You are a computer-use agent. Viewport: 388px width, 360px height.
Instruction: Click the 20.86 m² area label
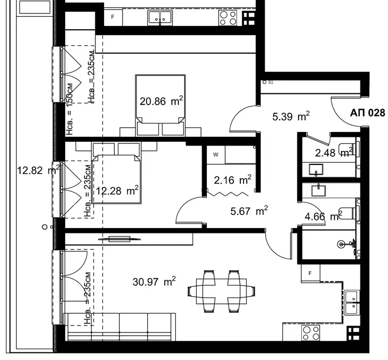click(161, 101)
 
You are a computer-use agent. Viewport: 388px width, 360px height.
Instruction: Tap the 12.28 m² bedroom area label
click(117, 191)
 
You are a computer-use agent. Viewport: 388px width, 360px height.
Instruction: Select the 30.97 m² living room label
click(154, 281)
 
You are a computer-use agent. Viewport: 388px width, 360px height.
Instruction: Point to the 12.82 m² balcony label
click(38, 170)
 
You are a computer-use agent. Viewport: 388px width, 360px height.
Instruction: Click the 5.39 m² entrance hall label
click(291, 116)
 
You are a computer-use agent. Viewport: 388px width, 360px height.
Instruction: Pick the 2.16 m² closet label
click(233, 180)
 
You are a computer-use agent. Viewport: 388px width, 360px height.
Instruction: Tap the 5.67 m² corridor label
click(249, 211)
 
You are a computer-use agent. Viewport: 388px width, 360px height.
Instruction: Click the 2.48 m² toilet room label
click(334, 153)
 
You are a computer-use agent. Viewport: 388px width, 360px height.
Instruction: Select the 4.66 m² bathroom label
click(324, 217)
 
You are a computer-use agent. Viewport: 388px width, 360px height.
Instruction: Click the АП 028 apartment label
click(368, 113)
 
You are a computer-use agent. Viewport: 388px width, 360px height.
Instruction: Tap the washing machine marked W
click(216, 155)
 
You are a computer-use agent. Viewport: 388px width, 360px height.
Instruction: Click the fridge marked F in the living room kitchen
click(310, 273)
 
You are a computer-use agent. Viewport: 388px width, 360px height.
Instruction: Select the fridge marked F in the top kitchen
click(113, 17)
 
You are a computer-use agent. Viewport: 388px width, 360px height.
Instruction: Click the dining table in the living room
click(221, 291)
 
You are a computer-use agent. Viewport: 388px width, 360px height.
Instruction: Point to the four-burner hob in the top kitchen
click(227, 18)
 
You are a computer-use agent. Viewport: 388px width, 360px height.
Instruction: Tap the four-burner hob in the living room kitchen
click(310, 333)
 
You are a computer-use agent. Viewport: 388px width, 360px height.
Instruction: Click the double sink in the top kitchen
click(160, 18)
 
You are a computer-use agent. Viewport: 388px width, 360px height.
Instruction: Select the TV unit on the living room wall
click(119, 239)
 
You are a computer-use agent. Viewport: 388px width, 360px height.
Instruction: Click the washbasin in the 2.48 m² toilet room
click(316, 170)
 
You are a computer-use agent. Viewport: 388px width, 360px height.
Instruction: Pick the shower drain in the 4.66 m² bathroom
click(341, 245)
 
